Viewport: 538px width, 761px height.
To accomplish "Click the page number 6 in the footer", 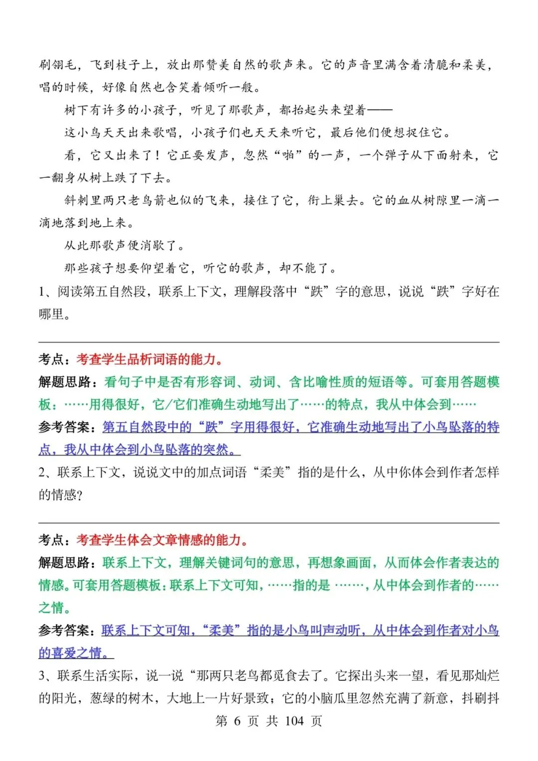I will point(237,721).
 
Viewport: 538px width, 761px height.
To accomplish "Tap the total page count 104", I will point(294,721).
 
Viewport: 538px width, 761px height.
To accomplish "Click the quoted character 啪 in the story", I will point(288,155).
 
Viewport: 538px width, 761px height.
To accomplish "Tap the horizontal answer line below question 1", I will point(269,342).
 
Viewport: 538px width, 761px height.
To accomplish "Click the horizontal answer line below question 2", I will point(269,523).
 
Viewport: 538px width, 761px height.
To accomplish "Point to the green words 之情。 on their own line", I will point(55,608).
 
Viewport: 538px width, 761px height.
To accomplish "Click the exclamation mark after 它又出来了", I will point(157,155).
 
